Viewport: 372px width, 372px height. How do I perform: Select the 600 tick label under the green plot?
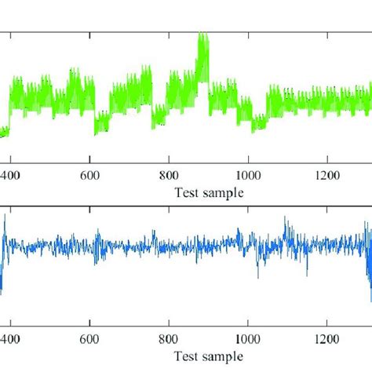[90, 177]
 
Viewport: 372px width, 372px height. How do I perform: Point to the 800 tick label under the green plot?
[169, 177]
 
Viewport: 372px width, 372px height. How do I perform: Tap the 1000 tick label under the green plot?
[247, 177]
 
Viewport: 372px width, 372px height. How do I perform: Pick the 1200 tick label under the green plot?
[326, 177]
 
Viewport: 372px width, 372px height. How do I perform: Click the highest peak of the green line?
[203, 35]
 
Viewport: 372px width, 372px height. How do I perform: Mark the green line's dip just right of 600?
[96, 132]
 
